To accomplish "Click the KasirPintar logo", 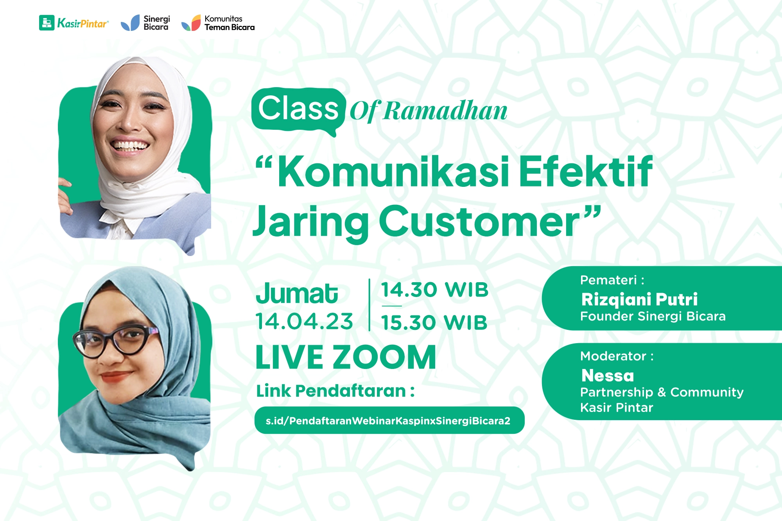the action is (74, 23).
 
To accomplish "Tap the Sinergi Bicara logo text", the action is (156, 23).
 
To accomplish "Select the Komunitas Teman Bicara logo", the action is (218, 23).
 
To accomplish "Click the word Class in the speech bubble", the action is (298, 108).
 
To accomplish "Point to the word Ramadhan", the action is (445, 111).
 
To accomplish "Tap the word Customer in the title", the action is (479, 222).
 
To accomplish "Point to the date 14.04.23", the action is (305, 321).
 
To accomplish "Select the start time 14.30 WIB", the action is (435, 290).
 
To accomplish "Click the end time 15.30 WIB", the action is (434, 322).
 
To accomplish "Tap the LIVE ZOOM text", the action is (346, 357).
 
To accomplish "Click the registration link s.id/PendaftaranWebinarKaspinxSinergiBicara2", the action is (388, 421).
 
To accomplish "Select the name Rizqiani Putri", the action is (639, 300).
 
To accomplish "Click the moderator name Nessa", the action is (608, 376).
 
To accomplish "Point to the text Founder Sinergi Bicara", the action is (653, 316).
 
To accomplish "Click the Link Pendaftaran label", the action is (335, 391).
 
